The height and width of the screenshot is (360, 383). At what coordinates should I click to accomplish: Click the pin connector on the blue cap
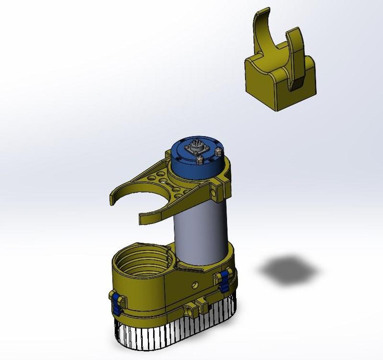(x=196, y=146)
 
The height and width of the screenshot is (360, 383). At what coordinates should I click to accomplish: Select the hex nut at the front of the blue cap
(x=198, y=158)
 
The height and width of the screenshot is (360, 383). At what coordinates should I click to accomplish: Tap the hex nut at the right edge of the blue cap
(x=219, y=151)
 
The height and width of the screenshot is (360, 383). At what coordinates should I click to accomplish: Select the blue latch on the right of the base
(x=223, y=280)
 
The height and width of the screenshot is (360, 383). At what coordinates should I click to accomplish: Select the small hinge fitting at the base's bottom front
(x=198, y=307)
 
